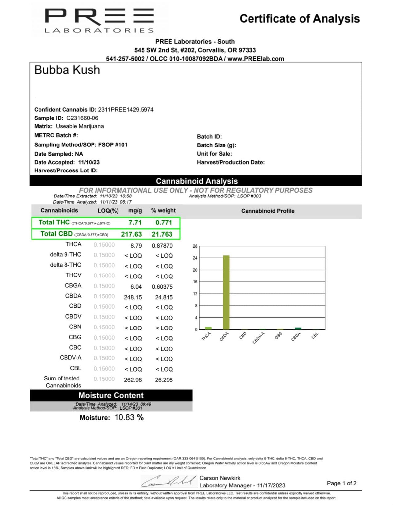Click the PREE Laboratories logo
pos(99,20)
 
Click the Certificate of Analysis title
pos(299,19)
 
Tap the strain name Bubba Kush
pos(67,70)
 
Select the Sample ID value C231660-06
pos(82,118)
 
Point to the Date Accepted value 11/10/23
pos(89,162)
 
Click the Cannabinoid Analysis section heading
pos(196,181)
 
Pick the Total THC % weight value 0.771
pos(163,223)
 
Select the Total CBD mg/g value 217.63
pos(131,234)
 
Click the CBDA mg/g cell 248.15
pos(133,297)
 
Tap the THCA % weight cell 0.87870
pos(162,245)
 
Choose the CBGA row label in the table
pos(73,285)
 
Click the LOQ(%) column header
pos(108,211)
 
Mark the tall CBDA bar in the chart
pos(226,292)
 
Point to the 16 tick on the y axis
pos(195,282)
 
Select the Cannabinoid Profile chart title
pos(268,211)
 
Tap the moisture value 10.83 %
pos(129,418)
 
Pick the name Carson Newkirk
pos(220,478)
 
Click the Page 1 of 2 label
pos(341,483)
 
